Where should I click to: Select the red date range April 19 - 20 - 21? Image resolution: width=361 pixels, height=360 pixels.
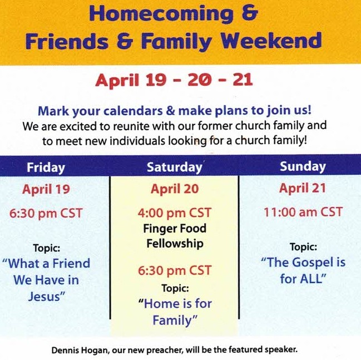click(174, 81)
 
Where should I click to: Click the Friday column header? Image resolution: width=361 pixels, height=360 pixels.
click(46, 167)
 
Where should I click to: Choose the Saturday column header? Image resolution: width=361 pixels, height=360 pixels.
click(174, 167)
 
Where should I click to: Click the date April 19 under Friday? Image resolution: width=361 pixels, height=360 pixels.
click(46, 189)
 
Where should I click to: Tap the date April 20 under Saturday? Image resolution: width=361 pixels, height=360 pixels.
click(174, 189)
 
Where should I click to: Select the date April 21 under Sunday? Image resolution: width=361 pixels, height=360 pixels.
click(302, 189)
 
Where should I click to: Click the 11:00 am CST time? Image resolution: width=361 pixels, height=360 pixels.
click(303, 212)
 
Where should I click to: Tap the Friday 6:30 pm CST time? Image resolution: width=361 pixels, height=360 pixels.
click(46, 213)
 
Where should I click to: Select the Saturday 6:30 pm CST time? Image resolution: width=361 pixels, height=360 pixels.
click(175, 271)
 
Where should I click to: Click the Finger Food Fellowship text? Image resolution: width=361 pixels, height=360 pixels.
click(175, 236)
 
